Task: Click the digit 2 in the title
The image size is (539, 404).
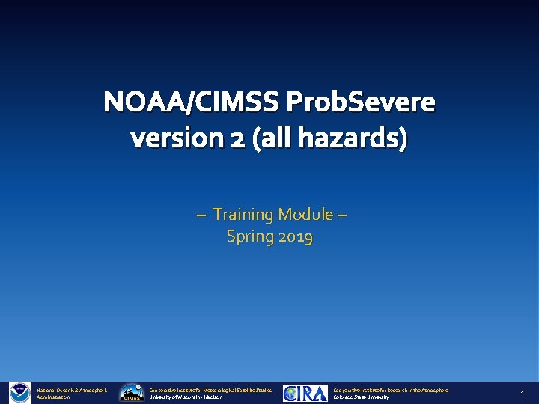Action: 237,138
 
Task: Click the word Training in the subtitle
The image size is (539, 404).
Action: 243,215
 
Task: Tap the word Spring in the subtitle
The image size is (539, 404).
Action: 251,237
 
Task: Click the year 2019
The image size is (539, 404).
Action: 296,237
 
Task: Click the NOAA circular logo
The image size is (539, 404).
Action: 19,393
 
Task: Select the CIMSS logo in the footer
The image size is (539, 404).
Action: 132,393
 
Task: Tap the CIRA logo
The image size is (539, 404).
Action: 305,393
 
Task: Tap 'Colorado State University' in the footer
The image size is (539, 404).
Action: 362,397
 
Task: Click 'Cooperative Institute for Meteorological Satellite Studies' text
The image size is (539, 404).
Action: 212,390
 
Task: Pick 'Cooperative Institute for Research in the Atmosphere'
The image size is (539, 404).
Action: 391,390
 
